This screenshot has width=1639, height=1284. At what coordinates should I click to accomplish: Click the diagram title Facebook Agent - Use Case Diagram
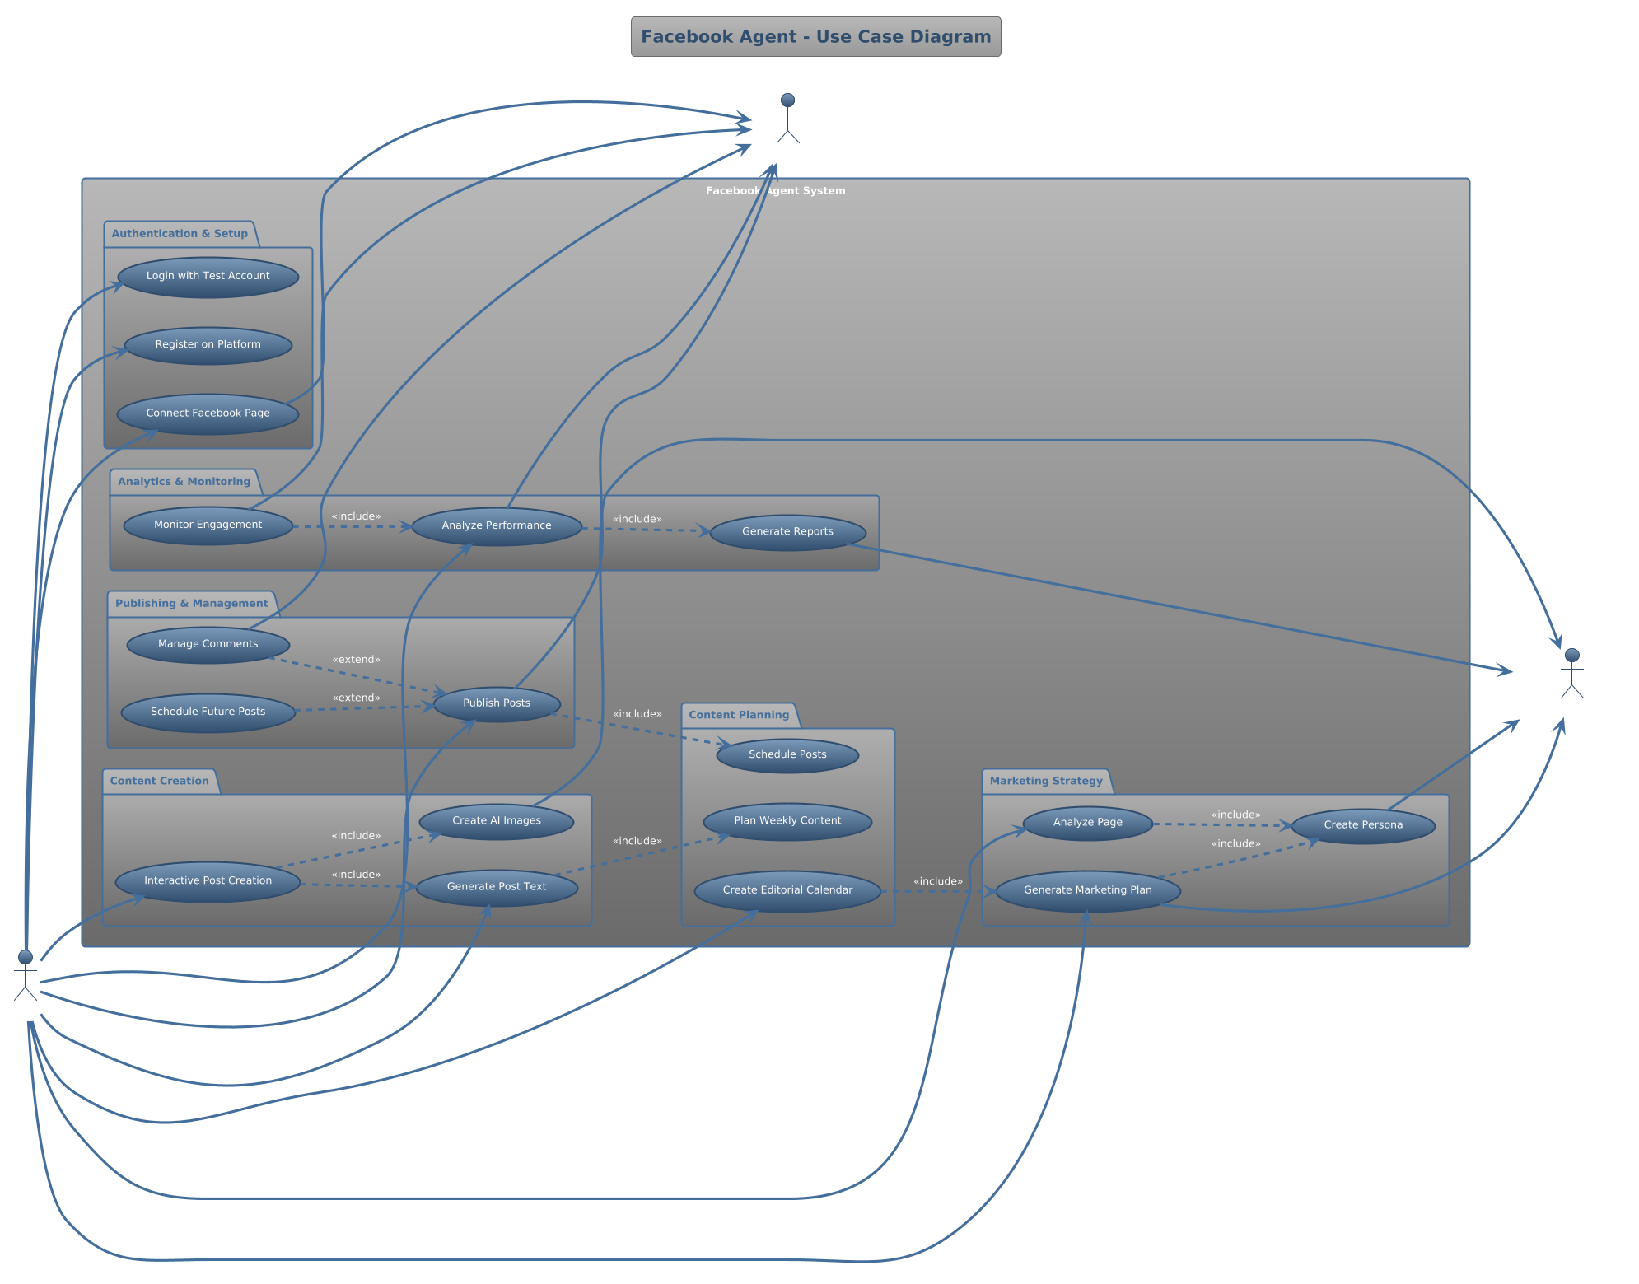tap(815, 37)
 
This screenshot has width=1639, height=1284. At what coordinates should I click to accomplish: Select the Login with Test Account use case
tap(208, 277)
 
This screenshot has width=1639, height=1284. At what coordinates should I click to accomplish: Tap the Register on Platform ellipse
tap(208, 345)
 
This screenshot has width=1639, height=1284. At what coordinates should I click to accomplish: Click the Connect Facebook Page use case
tap(208, 413)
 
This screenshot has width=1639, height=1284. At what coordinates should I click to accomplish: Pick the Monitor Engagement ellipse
tap(208, 525)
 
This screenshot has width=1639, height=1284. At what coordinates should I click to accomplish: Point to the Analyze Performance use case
tap(497, 526)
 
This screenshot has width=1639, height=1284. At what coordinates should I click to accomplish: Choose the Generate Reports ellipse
tap(787, 532)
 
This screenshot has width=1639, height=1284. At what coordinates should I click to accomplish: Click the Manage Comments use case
tap(208, 645)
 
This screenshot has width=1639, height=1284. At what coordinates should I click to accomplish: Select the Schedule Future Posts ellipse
tap(208, 712)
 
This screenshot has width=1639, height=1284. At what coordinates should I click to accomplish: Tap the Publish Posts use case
tap(497, 704)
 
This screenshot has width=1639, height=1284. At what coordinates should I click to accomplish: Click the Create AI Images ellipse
tap(497, 821)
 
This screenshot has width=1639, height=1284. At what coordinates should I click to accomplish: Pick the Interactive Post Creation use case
tap(208, 882)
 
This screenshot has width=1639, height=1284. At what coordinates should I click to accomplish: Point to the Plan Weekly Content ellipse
tap(787, 822)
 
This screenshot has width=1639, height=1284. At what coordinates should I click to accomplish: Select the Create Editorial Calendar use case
tap(787, 891)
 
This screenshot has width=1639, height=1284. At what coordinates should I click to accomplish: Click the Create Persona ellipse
tap(1363, 826)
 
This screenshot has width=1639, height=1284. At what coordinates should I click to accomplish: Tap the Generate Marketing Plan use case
tap(1087, 891)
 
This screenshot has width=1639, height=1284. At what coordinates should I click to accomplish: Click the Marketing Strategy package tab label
tap(1046, 781)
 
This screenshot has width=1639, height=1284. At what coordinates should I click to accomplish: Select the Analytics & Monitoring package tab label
tap(184, 482)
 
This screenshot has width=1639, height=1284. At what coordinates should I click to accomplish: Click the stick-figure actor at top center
tap(788, 119)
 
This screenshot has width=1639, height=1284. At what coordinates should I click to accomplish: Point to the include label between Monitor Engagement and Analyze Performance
tap(356, 516)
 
